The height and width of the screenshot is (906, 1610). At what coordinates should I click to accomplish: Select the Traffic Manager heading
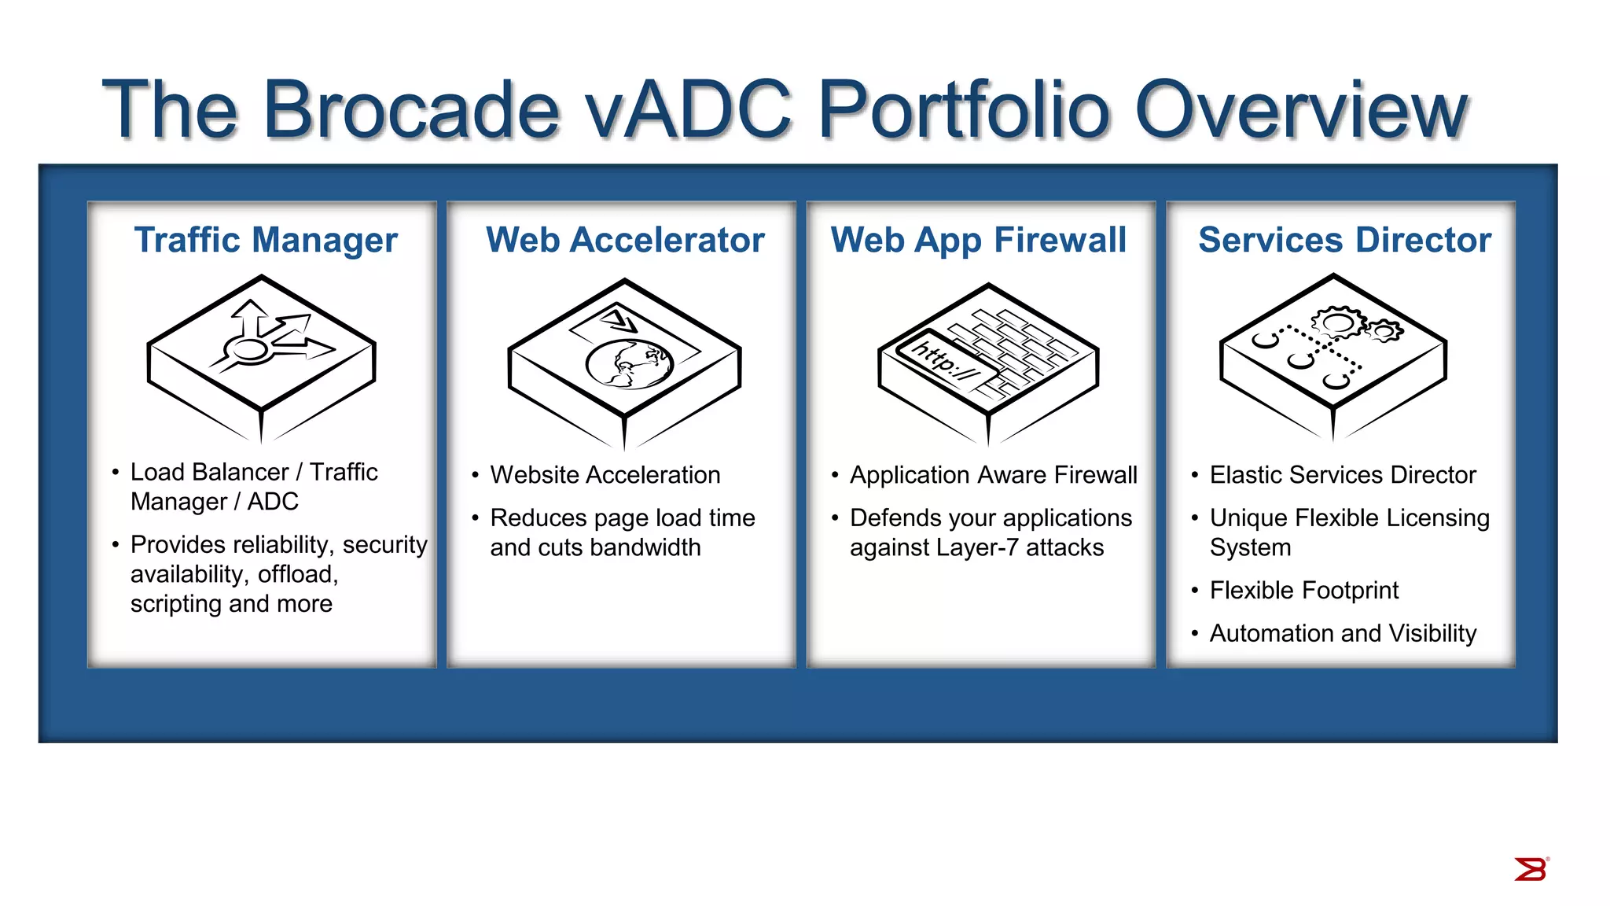point(266,240)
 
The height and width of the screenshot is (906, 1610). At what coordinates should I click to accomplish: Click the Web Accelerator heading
point(625,240)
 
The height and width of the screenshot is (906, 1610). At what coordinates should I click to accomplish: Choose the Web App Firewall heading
point(978,240)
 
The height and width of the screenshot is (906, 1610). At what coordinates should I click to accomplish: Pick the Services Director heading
point(1344,240)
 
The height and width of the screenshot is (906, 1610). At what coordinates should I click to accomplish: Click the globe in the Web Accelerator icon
point(630,364)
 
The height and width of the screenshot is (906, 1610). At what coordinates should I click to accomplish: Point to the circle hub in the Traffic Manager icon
point(250,350)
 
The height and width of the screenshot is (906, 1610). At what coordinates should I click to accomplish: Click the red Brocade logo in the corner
point(1531,870)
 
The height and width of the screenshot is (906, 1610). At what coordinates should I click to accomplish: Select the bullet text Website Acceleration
point(605,475)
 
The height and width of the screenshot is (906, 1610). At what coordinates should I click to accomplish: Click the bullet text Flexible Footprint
point(1303,591)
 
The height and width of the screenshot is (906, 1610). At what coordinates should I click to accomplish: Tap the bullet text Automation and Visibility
point(1342,634)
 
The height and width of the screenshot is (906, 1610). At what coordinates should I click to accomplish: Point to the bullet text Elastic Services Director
point(1342,475)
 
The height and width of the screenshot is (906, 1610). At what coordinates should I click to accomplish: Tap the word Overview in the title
point(1301,110)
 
